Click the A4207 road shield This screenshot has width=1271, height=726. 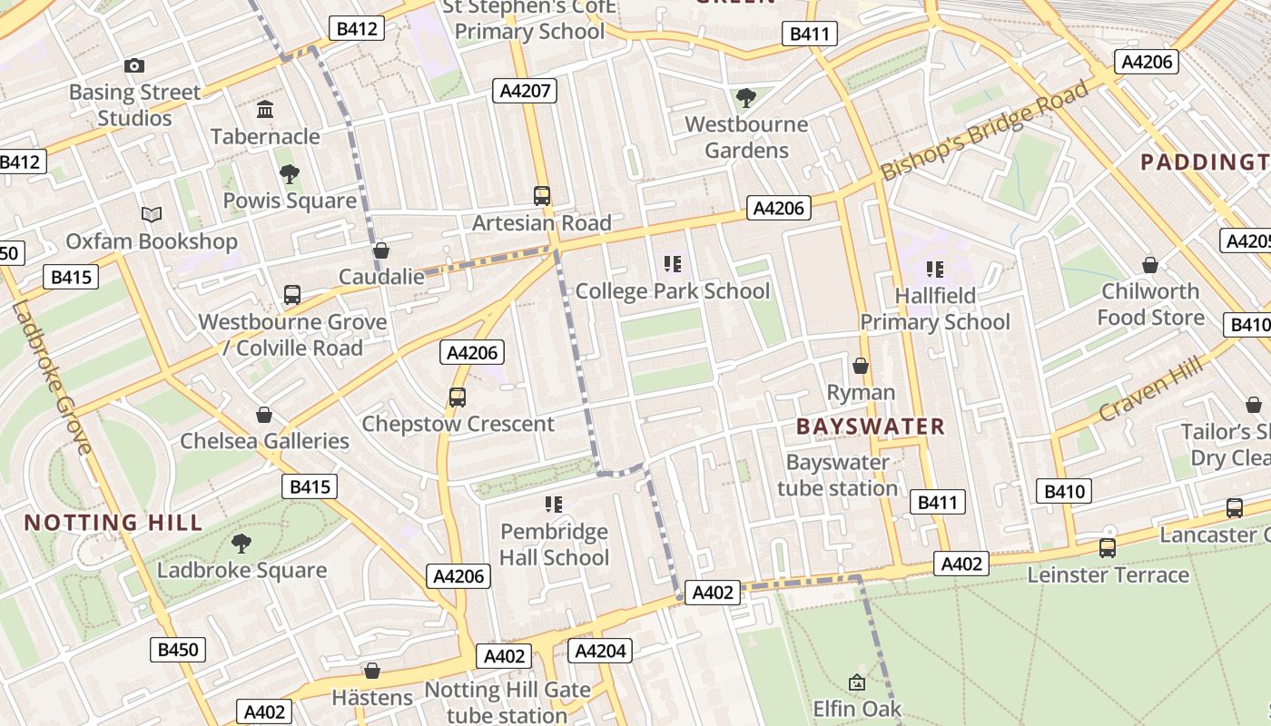coord(524,91)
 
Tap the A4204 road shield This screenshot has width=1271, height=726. coord(599,651)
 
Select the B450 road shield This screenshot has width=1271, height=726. coord(177,650)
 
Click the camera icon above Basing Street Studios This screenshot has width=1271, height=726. coord(134,65)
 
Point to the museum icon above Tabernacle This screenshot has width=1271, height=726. coord(265,110)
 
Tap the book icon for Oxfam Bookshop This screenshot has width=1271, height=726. coord(151,215)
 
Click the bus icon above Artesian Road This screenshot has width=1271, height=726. coord(542,195)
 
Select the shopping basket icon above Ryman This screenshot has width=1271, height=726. coord(861,366)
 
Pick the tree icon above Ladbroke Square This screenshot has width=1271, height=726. coord(241,544)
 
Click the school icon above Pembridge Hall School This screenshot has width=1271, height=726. coord(554,505)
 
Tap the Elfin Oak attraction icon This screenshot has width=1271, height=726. coord(856,682)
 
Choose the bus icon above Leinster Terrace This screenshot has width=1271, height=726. coord(1107,548)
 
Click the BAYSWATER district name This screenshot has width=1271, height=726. coord(870,427)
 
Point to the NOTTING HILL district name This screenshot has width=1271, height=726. coord(113,523)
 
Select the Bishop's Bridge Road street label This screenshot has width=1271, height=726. coord(985,131)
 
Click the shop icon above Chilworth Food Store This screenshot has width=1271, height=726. coord(1150,265)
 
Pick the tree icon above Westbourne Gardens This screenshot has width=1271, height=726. coord(746,97)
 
